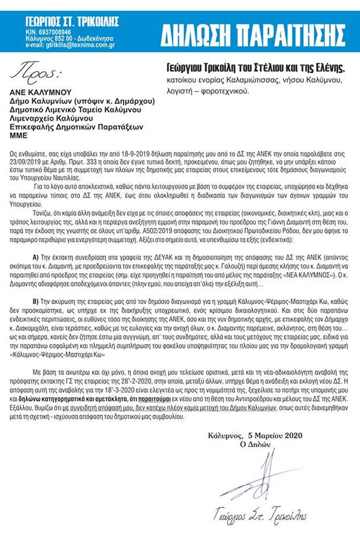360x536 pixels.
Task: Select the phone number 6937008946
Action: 57,32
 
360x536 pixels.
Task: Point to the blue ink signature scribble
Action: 255,476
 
